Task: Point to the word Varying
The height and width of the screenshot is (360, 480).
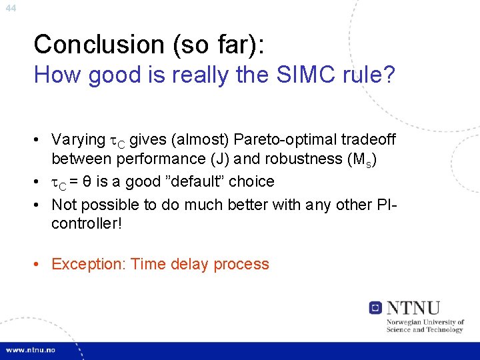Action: [x=77, y=139]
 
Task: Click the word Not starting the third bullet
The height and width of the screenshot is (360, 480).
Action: [x=63, y=203]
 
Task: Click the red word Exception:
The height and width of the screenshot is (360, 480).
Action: [x=89, y=264]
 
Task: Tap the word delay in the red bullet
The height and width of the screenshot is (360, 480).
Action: [x=189, y=264]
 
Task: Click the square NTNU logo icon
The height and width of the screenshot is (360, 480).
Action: [x=375, y=307]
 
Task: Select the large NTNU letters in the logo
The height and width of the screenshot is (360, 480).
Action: [x=414, y=307]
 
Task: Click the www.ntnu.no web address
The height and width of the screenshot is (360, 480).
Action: [x=31, y=350]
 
